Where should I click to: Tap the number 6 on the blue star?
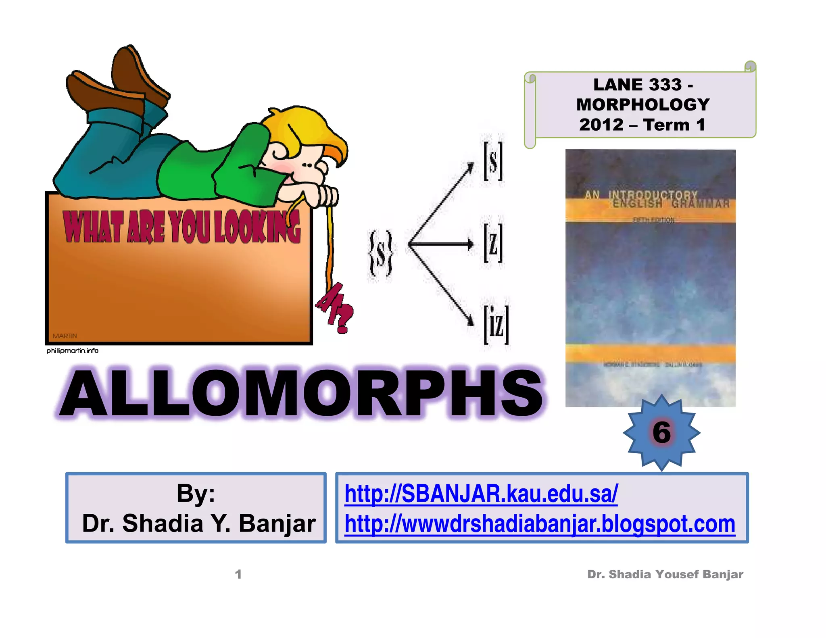point(661,432)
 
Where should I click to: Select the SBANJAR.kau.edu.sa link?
point(481,494)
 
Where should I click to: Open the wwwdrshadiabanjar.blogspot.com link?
point(540,524)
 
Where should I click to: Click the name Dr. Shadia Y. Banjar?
point(199,523)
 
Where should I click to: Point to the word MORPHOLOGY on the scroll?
point(643,105)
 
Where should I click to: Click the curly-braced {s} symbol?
point(380,253)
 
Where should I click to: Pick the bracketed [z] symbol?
point(493,243)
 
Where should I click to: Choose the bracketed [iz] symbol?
point(496,325)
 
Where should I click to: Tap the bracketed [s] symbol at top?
point(493,161)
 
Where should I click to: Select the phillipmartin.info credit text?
point(73,350)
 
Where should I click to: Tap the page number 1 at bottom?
point(238,574)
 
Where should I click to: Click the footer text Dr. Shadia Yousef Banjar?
point(665,574)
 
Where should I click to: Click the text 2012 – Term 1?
point(642,125)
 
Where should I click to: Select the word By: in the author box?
point(196,493)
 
